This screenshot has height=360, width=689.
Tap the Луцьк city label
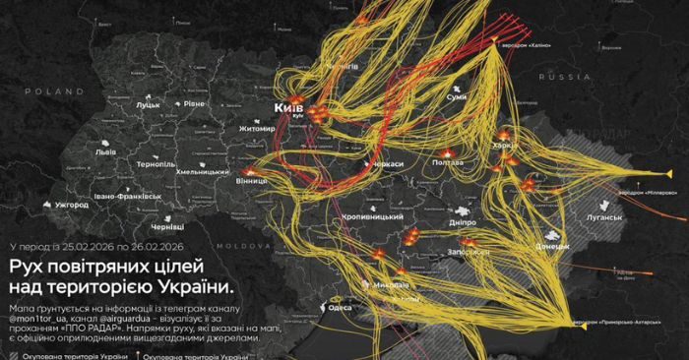[148, 103]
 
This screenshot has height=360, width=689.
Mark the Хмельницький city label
[202, 171]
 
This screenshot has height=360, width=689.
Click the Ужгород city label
[72, 205]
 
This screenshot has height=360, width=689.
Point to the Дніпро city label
[462, 223]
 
